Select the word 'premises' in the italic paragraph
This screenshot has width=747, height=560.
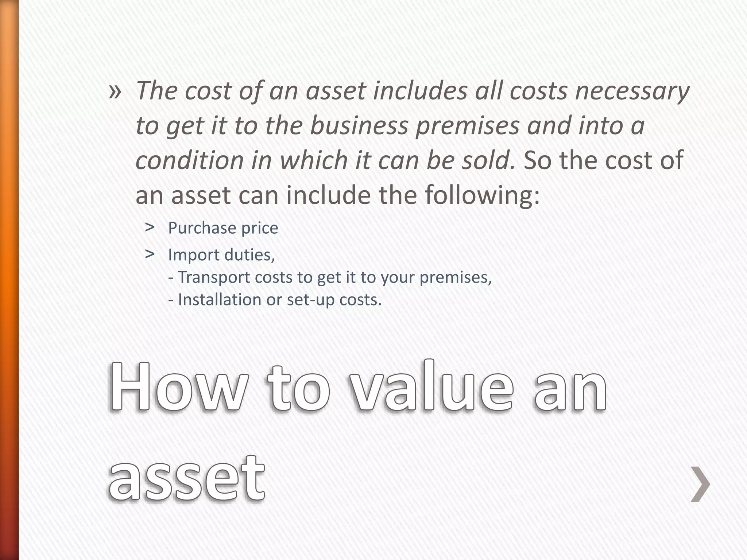pyautogui.click(x=467, y=126)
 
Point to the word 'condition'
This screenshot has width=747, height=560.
pyautogui.click(x=189, y=160)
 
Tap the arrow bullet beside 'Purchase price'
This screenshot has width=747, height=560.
pyautogui.click(x=149, y=227)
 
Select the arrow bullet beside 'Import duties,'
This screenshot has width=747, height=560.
pyautogui.click(x=149, y=254)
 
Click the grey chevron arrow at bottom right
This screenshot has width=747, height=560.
pyautogui.click(x=700, y=484)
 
